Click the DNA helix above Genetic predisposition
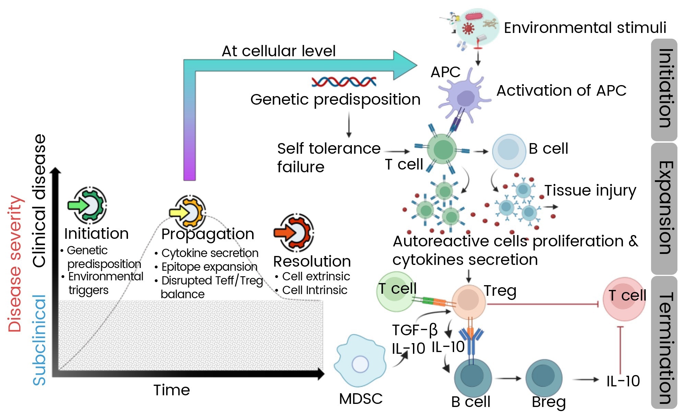pyautogui.click(x=344, y=82)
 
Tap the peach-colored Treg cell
pyautogui.click(x=469, y=302)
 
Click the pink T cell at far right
pyautogui.click(x=624, y=299)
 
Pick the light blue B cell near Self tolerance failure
pyautogui.click(x=509, y=151)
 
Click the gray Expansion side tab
pyautogui.click(x=664, y=208)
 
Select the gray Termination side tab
pyautogui.click(x=664, y=343)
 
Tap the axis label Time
pyautogui.click(x=171, y=390)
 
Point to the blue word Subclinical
pyautogui.click(x=39, y=340)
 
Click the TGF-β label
pyautogui.click(x=415, y=330)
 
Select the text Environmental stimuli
pyautogui.click(x=585, y=27)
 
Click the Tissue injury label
pyautogui.click(x=590, y=190)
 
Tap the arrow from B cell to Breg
pyautogui.click(x=508, y=378)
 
